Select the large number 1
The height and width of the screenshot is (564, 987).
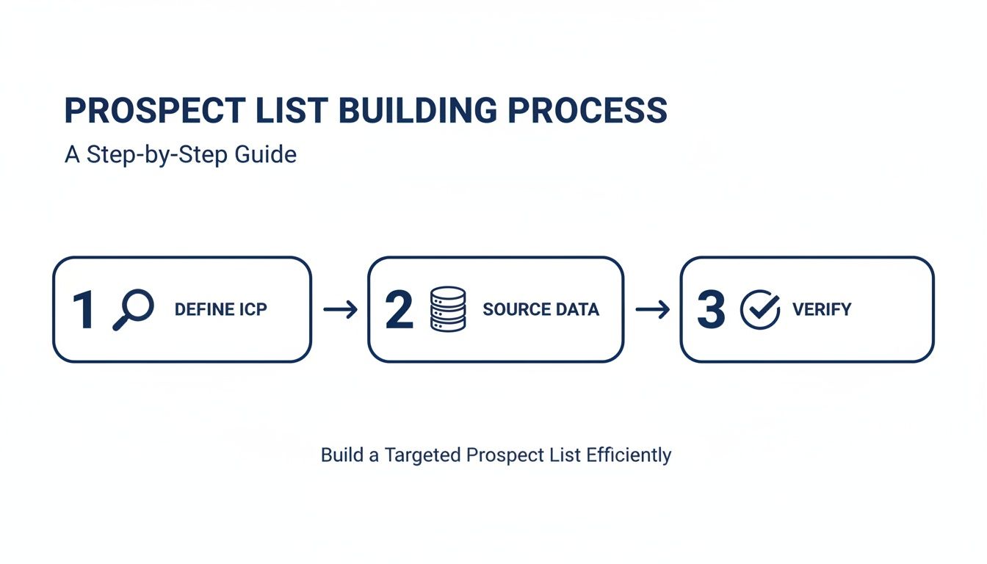(x=83, y=310)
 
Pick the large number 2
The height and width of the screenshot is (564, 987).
(x=399, y=310)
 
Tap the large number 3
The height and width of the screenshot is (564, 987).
(x=710, y=310)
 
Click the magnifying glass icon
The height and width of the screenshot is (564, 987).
(x=133, y=309)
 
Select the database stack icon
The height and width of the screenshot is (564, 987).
(x=447, y=309)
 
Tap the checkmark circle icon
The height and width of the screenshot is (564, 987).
(x=759, y=309)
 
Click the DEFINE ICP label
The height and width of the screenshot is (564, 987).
(x=220, y=310)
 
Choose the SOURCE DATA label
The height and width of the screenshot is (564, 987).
(x=540, y=310)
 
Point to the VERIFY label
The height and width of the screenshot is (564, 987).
(x=822, y=310)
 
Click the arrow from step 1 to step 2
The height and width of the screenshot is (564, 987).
(x=339, y=310)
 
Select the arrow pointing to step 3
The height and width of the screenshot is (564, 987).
(x=652, y=310)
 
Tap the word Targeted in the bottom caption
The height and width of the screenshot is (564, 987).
(x=421, y=455)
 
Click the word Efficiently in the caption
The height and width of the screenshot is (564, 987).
(x=629, y=455)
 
